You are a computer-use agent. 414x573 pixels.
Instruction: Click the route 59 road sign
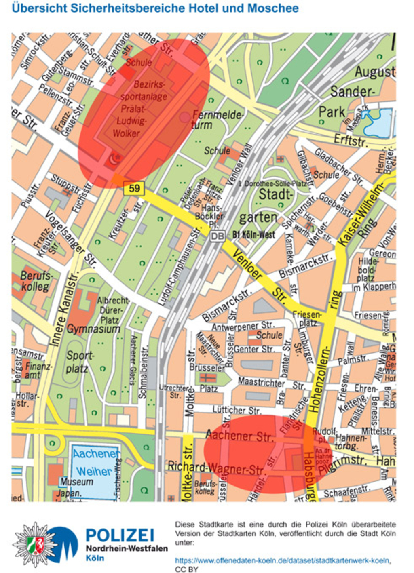pos(134,188)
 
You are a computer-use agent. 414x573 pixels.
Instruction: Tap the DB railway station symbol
pos(217,236)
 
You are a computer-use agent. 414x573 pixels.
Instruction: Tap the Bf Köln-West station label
pos(254,234)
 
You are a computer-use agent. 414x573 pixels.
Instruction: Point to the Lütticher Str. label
pos(237,410)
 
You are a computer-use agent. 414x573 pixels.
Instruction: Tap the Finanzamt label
pos(37,370)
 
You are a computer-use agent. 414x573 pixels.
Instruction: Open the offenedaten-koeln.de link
pos(283,560)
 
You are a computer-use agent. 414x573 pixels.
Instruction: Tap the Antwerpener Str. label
pos(243,326)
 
